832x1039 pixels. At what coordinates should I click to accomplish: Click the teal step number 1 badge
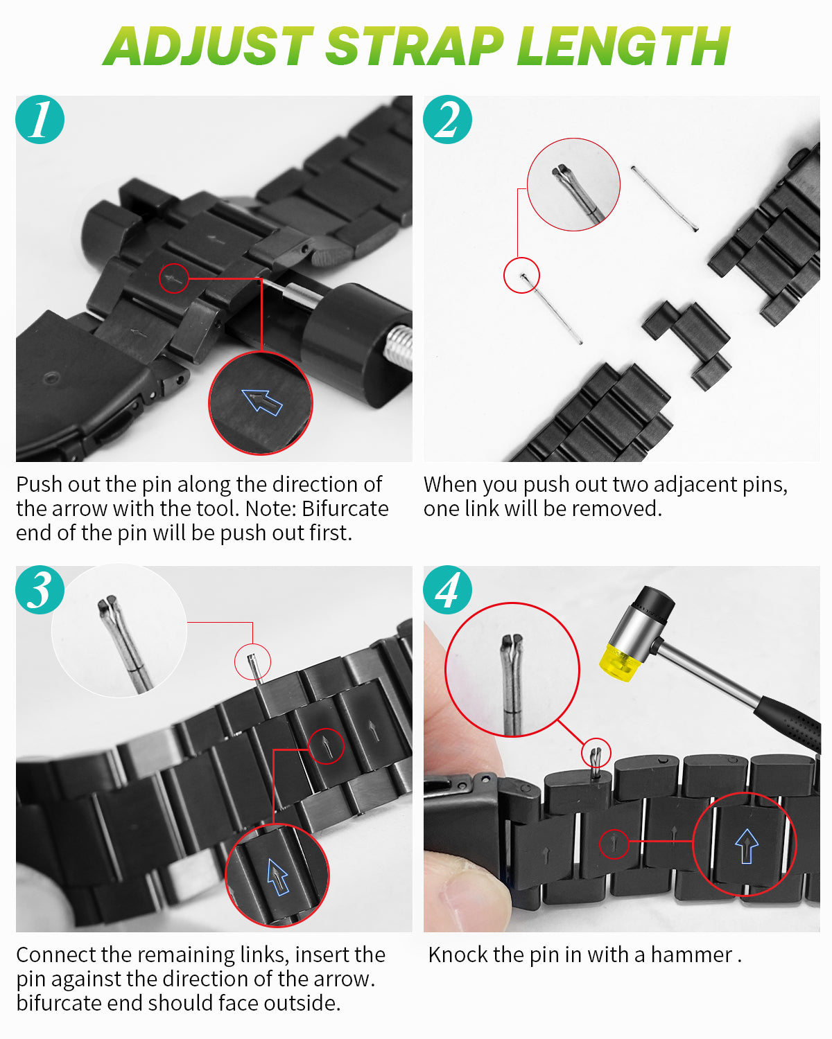(x=40, y=120)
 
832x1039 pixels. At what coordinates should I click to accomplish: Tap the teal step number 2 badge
(x=448, y=120)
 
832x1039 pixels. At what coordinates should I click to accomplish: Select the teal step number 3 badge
(x=40, y=589)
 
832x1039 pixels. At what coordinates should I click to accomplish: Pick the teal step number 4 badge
(x=448, y=589)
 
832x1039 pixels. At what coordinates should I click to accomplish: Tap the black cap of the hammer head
(x=655, y=602)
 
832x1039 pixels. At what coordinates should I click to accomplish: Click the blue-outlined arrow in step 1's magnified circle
(x=262, y=402)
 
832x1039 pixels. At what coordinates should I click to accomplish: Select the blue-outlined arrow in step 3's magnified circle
(x=277, y=877)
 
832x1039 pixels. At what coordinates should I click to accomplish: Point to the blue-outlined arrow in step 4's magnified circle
(x=747, y=846)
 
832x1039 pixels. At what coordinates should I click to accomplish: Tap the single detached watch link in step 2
(x=687, y=344)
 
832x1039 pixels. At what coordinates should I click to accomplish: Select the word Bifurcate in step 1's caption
(x=345, y=508)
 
